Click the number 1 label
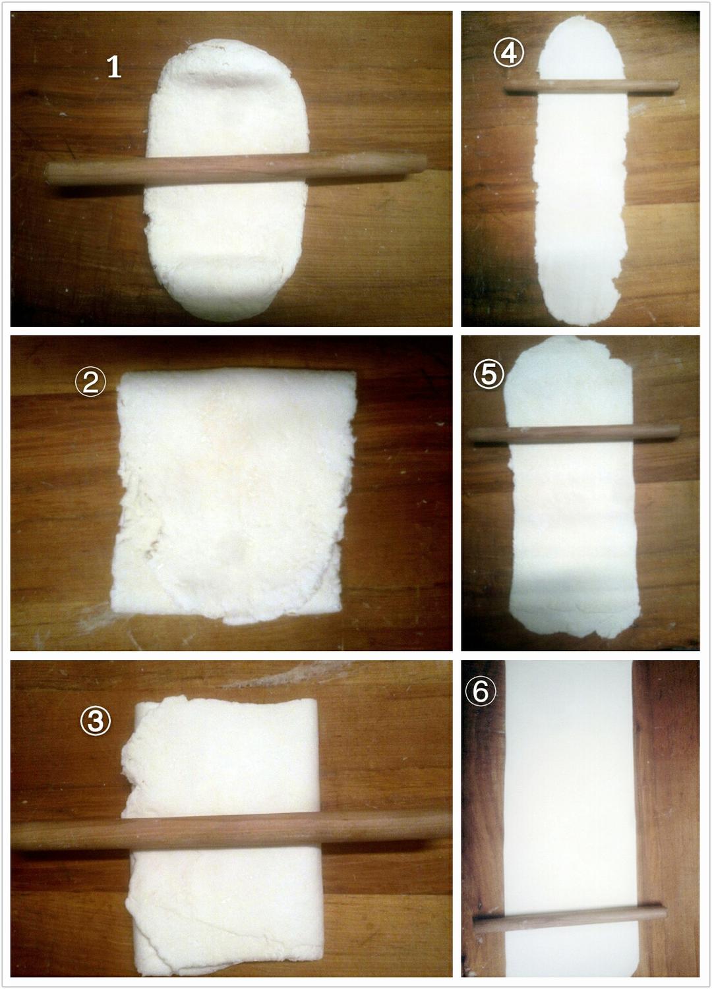114,67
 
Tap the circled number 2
90,382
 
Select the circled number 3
95,721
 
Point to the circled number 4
508,53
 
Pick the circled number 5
488,374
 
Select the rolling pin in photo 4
591,86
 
